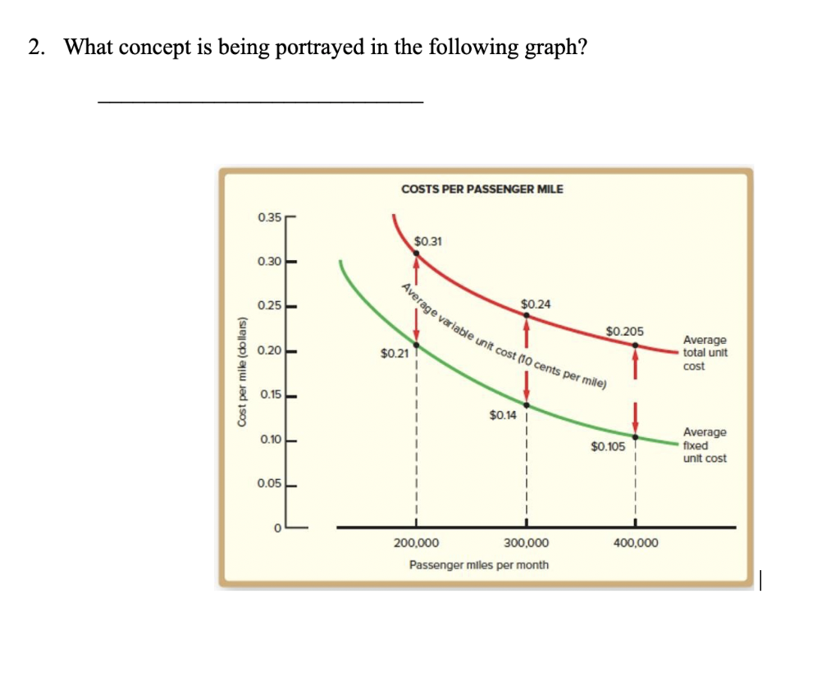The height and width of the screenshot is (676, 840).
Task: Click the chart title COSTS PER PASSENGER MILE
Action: tap(482, 189)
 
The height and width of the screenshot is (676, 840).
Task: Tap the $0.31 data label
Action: tap(428, 241)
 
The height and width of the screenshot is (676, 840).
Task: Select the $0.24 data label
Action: tap(536, 304)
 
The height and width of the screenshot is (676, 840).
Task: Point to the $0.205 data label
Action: tap(625, 331)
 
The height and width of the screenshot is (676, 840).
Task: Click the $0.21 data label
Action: tap(394, 354)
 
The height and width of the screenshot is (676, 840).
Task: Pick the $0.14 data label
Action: tap(503, 415)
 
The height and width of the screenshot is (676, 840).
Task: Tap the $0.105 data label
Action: tap(608, 446)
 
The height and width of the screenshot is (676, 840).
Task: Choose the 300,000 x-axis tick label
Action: tap(527, 543)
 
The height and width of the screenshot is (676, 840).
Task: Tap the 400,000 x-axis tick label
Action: tap(636, 543)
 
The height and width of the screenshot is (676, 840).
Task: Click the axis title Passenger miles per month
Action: tap(479, 565)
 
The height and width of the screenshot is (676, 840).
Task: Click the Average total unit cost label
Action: tap(704, 353)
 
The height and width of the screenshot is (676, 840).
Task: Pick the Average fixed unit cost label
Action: tap(704, 445)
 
